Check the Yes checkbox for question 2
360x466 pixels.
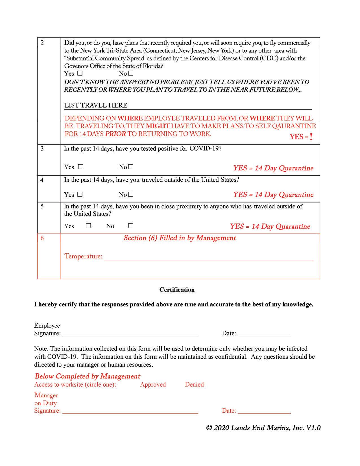point(80,73)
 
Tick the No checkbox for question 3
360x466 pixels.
point(130,167)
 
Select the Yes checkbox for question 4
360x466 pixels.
point(80,195)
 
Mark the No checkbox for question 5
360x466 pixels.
point(130,226)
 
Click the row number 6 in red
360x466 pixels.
point(42,238)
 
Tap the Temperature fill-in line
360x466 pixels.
point(209,258)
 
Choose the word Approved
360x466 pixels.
point(153,384)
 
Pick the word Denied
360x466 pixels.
point(194,384)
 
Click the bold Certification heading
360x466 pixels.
point(177,290)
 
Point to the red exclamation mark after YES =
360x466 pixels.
point(311,137)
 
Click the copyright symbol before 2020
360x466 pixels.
point(209,428)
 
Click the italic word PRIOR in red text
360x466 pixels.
point(115,134)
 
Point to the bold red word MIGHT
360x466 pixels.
point(158,126)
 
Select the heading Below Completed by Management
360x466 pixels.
point(87,376)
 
